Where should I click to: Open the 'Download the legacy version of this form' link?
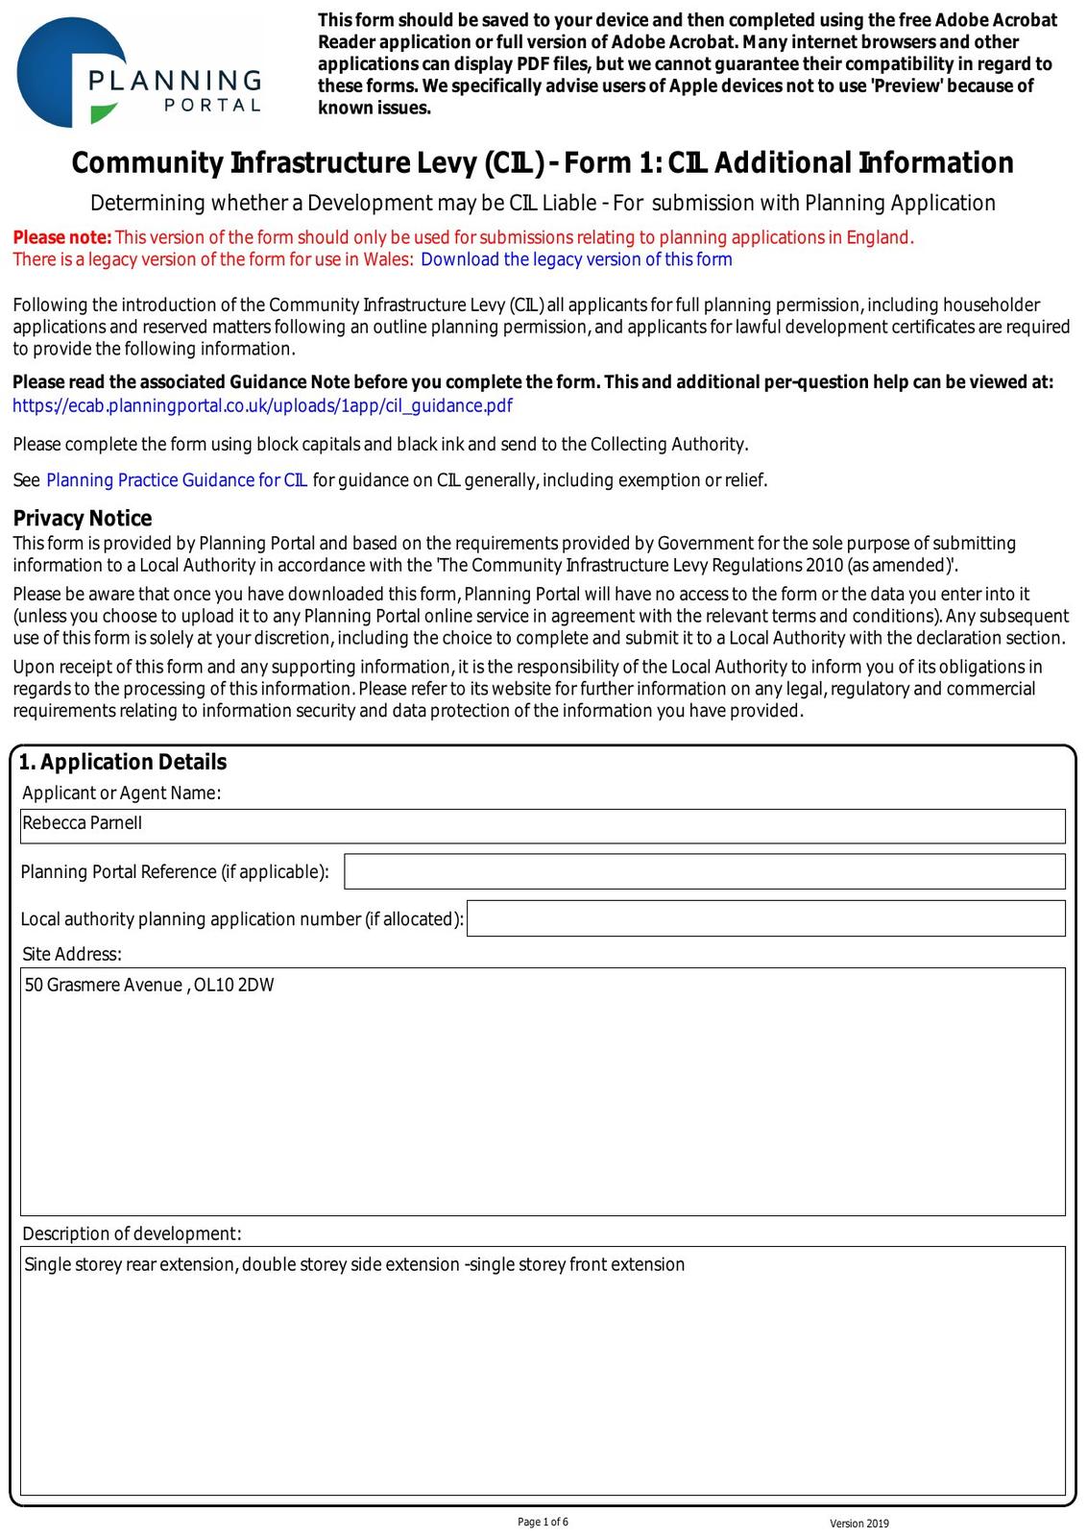pos(576,259)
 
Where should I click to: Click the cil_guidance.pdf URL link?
pos(262,405)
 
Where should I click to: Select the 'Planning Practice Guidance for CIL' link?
pos(177,480)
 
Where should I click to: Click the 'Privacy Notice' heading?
pos(83,519)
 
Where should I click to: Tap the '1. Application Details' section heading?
pos(123,762)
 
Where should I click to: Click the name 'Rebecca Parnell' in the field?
pos(83,823)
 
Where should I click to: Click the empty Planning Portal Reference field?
pos(704,871)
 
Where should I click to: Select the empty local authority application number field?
pos(765,918)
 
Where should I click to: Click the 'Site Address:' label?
pos(72,954)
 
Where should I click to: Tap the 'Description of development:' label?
pos(132,1233)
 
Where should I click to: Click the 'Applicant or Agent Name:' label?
pos(121,793)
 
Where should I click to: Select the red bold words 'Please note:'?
pos(62,237)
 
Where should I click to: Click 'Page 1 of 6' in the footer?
pos(543,1522)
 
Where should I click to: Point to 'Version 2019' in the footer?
pos(859,1524)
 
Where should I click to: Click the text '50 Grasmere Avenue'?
pos(103,985)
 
